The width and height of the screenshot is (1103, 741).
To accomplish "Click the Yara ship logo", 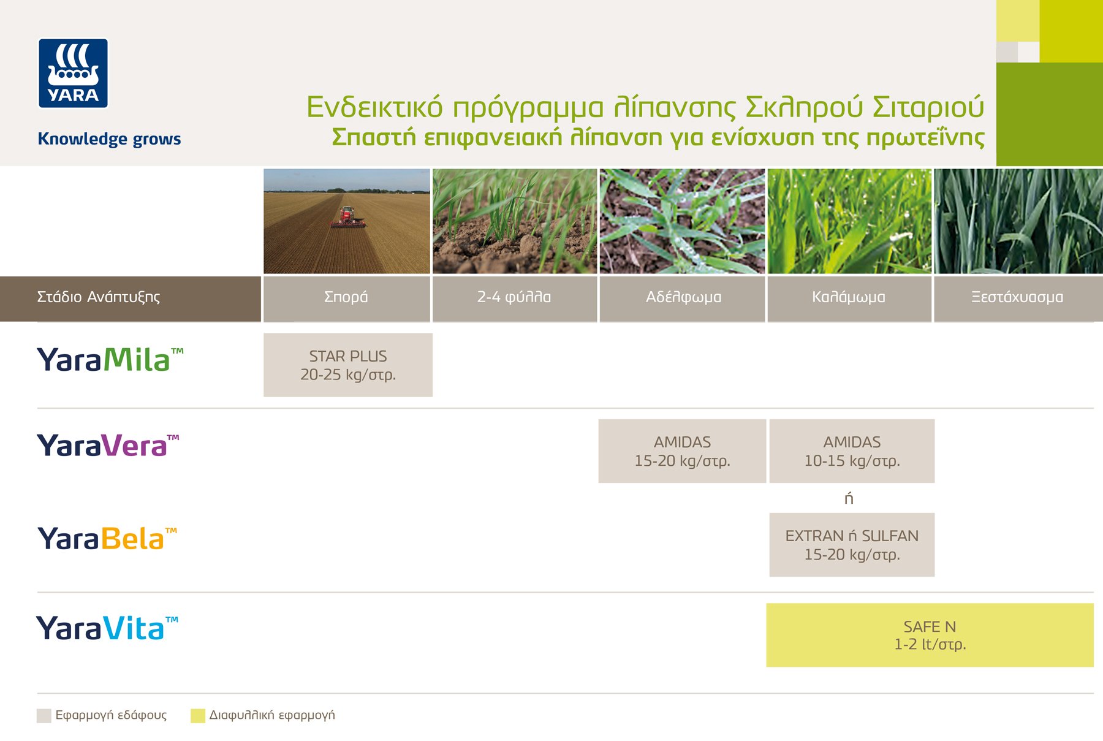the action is [x=73, y=74].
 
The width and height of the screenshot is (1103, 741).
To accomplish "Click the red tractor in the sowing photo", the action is [x=347, y=217].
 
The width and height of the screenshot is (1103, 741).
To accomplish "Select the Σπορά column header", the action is [x=347, y=298].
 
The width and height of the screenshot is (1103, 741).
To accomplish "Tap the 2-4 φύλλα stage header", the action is [x=515, y=298].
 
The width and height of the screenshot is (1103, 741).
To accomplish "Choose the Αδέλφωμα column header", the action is [x=682, y=298].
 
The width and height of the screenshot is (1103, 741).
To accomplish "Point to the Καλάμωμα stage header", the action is [x=849, y=298].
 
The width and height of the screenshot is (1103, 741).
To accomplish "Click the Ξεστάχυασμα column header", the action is [x=1018, y=298].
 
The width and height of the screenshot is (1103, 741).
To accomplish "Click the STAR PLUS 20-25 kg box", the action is [x=348, y=365].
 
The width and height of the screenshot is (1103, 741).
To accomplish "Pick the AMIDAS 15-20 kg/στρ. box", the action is [x=682, y=451].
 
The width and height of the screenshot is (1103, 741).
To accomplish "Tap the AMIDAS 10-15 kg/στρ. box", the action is [x=852, y=451].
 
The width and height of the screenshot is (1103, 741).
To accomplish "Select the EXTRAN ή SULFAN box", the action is [x=852, y=545].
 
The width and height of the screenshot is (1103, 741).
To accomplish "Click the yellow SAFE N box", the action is [x=930, y=635].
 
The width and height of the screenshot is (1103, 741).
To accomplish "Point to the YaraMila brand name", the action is [x=110, y=360].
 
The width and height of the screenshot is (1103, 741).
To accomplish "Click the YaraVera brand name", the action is [x=108, y=446].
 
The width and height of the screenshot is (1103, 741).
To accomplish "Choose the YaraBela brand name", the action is [x=107, y=539].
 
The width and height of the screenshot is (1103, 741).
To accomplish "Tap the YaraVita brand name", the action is [x=107, y=628].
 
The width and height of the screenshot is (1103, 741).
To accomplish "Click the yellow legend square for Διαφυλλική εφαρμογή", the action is [x=198, y=716].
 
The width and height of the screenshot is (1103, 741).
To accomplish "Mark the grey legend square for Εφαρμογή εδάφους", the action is [x=44, y=716].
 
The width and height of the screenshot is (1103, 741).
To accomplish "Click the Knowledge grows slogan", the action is [x=109, y=139].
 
